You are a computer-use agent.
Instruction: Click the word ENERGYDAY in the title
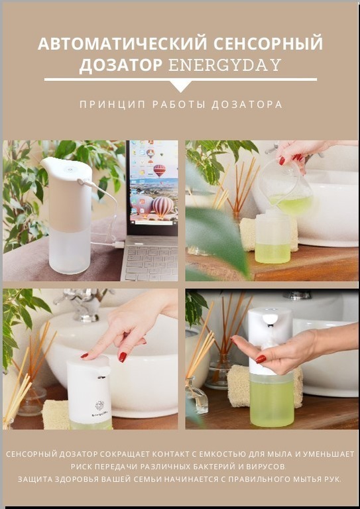[225, 65]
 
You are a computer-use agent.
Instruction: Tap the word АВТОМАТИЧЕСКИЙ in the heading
[123, 44]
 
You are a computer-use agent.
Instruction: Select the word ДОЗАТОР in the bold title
[121, 66]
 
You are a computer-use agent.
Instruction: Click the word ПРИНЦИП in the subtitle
[113, 105]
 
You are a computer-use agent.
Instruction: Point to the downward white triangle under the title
[181, 85]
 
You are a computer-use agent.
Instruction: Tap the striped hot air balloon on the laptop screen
[162, 207]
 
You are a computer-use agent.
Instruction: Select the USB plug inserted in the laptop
[119, 245]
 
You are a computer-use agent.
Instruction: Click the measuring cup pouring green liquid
[286, 188]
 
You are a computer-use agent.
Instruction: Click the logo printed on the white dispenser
[99, 406]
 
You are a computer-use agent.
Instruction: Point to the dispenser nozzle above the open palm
[270, 319]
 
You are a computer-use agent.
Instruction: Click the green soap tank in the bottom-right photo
[272, 400]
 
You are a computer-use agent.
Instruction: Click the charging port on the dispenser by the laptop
[80, 182]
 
